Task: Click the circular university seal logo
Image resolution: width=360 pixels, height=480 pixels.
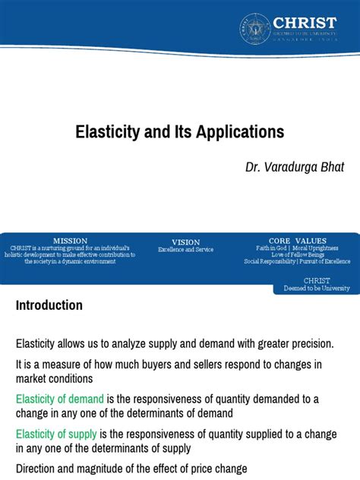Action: [255, 28]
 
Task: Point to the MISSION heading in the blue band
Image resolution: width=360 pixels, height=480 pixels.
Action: [70, 241]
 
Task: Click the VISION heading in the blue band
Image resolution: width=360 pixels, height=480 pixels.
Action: [185, 242]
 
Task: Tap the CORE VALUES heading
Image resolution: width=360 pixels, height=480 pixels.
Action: [296, 241]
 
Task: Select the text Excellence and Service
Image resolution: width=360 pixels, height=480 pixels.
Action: [185, 250]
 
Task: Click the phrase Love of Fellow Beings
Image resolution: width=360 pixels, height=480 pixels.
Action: [297, 254]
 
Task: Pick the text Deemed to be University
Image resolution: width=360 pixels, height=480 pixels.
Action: [317, 289]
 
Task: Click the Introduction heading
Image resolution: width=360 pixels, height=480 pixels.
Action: [49, 305]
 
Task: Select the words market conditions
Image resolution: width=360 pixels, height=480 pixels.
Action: [54, 378]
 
